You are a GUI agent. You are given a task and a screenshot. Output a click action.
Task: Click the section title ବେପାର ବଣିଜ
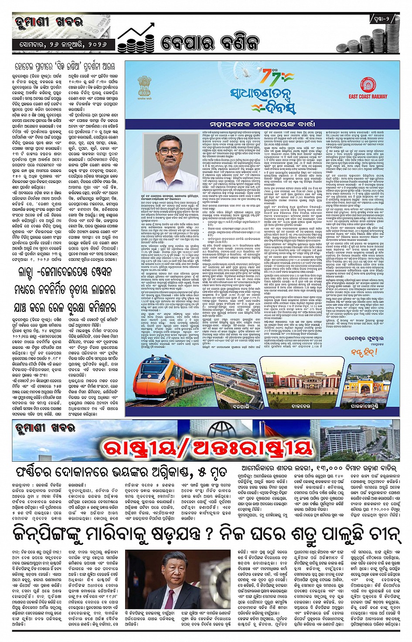pos(210,42)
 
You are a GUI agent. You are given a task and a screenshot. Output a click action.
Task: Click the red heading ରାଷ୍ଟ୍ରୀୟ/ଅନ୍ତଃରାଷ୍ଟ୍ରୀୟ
pos(208,447)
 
